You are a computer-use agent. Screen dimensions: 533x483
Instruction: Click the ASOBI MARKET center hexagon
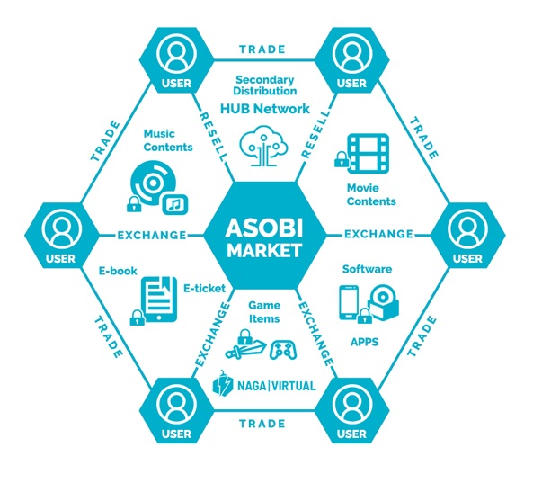[x=265, y=236]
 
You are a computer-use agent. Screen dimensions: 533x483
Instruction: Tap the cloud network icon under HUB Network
[x=263, y=146]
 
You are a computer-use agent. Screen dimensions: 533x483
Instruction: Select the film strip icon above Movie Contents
[x=369, y=154]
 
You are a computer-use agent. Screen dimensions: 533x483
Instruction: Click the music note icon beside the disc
[x=175, y=204]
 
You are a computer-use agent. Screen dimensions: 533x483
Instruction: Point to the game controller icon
[x=283, y=350]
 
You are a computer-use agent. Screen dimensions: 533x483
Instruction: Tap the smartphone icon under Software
[x=349, y=302]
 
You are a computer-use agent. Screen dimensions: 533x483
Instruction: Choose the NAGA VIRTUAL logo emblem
[x=223, y=383]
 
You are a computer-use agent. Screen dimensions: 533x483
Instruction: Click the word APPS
[x=364, y=342]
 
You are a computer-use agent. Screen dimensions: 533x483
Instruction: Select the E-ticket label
[x=205, y=289]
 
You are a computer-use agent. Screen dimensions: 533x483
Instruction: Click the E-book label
[x=118, y=271]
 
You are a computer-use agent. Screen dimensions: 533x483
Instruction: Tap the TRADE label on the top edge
[x=262, y=49]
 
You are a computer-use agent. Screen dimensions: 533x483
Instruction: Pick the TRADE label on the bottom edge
[x=262, y=424]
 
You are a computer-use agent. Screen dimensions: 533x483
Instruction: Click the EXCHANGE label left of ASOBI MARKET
[x=152, y=235]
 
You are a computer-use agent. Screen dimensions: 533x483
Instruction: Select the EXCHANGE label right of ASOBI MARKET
[x=378, y=235]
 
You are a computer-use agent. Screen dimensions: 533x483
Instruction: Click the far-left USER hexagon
[x=61, y=236]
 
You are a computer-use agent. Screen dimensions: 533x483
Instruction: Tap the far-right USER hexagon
[x=467, y=236]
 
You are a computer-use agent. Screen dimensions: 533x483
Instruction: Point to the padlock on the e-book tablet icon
[x=137, y=318]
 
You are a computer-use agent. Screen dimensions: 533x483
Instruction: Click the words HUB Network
[x=265, y=109]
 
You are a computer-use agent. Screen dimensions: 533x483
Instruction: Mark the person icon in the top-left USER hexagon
[x=176, y=55]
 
